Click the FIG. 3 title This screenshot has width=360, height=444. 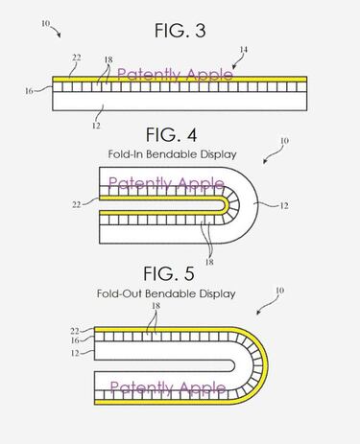[x=181, y=30]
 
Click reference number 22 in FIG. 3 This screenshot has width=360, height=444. [x=75, y=57]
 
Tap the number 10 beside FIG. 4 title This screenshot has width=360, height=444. [x=283, y=141]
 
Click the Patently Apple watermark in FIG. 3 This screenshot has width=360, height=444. [x=171, y=73]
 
